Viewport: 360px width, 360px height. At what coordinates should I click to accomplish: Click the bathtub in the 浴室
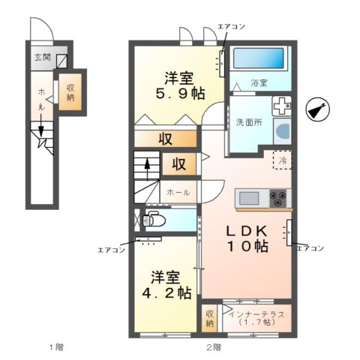coord(259,58)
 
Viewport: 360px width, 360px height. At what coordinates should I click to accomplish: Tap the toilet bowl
coord(154,220)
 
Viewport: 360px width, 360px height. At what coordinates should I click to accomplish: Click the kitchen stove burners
coord(278,198)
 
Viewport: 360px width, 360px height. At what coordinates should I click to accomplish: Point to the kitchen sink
coord(249,199)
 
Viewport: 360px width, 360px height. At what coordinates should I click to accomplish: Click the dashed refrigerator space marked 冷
coord(282,160)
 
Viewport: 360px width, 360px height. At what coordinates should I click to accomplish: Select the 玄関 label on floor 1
coord(43,58)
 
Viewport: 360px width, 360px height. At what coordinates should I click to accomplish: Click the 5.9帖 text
coord(180,94)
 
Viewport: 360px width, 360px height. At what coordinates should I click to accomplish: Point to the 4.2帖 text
coord(166,292)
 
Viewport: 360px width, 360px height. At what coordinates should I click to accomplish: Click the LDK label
coord(247,231)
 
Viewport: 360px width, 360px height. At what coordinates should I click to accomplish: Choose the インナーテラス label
coord(256,314)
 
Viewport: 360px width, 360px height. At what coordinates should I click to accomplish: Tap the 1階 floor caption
coord(56,347)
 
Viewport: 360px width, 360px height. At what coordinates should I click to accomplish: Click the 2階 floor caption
coord(214,347)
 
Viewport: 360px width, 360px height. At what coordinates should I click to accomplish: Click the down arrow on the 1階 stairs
coord(41,125)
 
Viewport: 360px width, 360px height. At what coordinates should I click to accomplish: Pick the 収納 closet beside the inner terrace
coord(209,318)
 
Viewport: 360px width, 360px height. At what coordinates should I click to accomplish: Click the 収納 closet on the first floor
coord(70,92)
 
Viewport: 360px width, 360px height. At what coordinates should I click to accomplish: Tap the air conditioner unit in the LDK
coord(289,232)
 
